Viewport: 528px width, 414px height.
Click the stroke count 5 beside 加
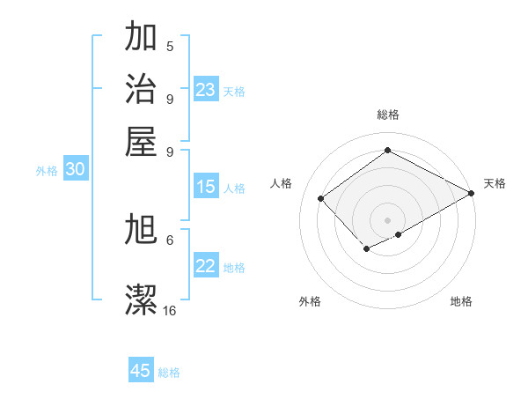[x=170, y=46]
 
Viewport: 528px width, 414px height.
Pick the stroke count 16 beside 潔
[x=170, y=310]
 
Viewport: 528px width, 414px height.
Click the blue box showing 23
[x=206, y=90]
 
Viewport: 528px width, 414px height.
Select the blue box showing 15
[x=206, y=187]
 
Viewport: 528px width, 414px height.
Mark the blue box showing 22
[x=206, y=266]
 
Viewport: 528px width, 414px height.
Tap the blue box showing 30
[x=75, y=170]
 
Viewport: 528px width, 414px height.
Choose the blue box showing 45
[x=141, y=371]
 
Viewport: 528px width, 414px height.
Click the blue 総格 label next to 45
[x=169, y=373]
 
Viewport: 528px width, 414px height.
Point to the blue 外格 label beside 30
[x=47, y=171]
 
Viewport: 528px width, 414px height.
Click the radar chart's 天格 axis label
[x=495, y=183]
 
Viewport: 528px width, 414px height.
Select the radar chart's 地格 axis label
[x=461, y=301]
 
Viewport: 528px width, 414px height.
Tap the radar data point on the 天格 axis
[x=472, y=193]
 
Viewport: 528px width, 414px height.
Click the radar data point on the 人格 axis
[x=322, y=198]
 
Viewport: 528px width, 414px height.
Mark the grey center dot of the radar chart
[x=387, y=219]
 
